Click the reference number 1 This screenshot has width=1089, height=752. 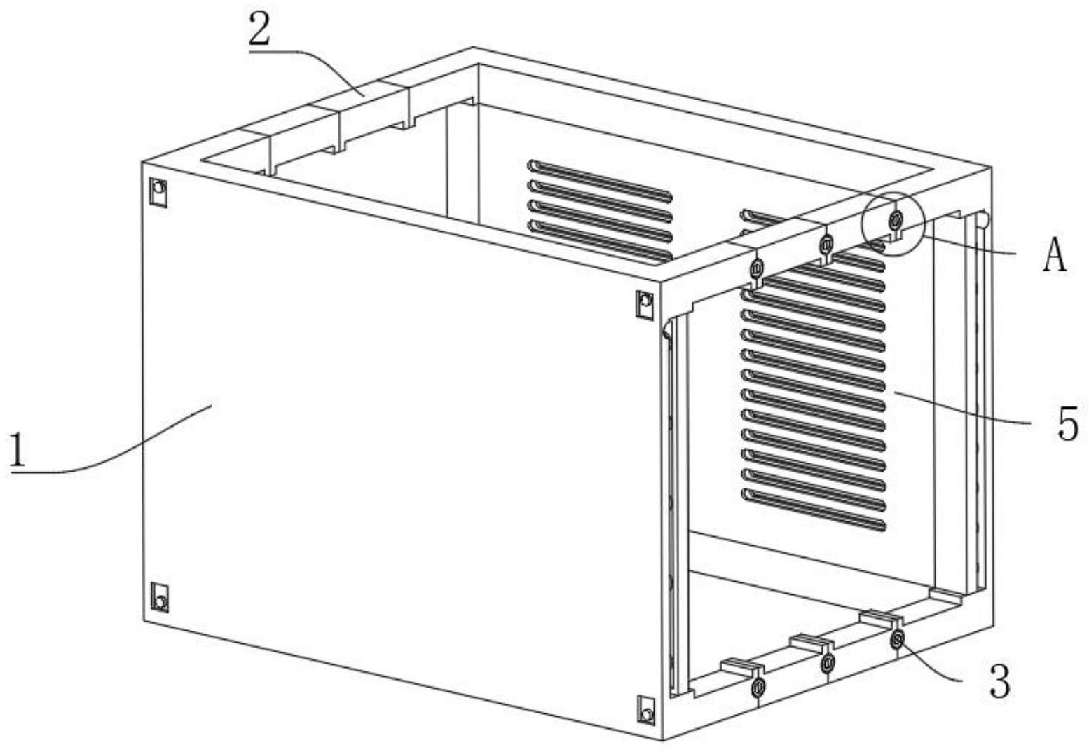pyautogui.click(x=18, y=450)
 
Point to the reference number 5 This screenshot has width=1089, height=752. pyautogui.click(x=1067, y=424)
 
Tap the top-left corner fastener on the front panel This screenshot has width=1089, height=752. pyautogui.click(x=159, y=191)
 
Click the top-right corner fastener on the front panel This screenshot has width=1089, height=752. pyautogui.click(x=645, y=303)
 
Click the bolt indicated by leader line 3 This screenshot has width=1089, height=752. pyautogui.click(x=896, y=638)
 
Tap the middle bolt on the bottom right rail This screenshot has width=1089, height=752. pyautogui.click(x=827, y=662)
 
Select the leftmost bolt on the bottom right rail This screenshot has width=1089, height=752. pyautogui.click(x=758, y=688)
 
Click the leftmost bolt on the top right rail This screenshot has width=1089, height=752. pyautogui.click(x=757, y=268)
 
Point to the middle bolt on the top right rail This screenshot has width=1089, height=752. pyautogui.click(x=826, y=244)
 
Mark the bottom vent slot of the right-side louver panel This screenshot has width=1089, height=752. pyautogui.click(x=814, y=510)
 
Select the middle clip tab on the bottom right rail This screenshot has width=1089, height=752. pyautogui.click(x=811, y=641)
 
